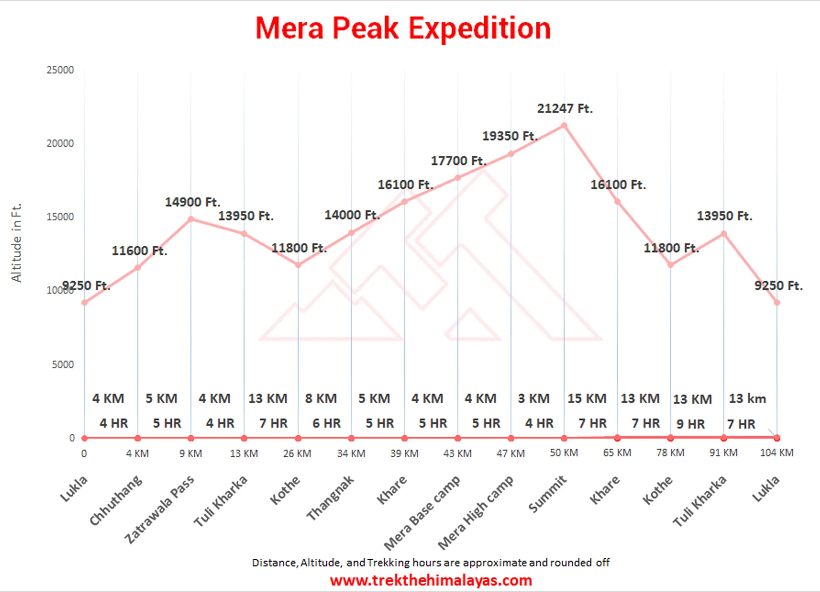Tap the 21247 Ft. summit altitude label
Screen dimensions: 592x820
564,109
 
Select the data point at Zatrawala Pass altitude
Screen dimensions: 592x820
191,219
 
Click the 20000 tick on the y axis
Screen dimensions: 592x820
60,143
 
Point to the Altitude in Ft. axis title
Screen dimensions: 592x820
17,242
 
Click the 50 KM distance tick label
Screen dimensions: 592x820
564,453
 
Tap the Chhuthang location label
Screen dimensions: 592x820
116,500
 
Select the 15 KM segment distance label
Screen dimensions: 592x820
587,398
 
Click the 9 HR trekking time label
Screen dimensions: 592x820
690,424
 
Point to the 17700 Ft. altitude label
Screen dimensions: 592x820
458,161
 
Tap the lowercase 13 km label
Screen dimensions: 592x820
747,398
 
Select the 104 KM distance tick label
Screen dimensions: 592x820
777,453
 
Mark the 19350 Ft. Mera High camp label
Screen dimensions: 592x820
510,136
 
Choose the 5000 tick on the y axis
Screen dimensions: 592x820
63,364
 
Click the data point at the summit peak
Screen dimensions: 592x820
564,126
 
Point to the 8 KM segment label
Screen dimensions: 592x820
321,398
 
